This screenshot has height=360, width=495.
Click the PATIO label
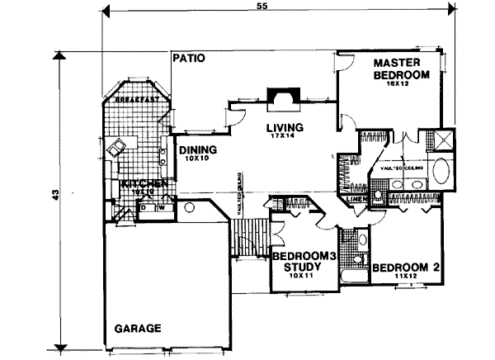(x=189, y=59)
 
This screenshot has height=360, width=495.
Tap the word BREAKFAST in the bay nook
(x=135, y=99)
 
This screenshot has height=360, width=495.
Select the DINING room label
(x=197, y=150)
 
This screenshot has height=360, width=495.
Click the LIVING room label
(x=285, y=128)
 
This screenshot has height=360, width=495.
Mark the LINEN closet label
(x=357, y=199)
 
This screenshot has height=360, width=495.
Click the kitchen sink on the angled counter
(x=115, y=150)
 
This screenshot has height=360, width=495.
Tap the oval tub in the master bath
(x=442, y=174)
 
